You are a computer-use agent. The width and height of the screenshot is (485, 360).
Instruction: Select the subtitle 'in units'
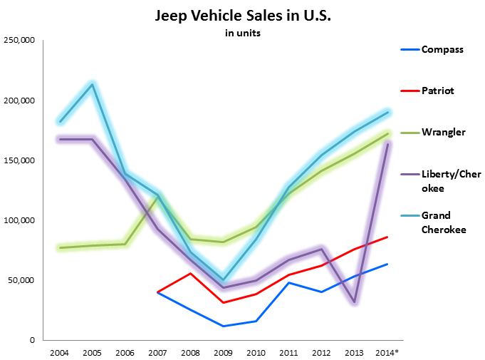click(x=242, y=34)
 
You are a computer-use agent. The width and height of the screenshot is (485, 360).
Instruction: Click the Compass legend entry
click(x=442, y=49)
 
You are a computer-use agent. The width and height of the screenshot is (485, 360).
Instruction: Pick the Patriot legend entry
click(x=437, y=91)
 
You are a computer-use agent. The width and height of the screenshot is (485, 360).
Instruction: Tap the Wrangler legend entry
click(x=443, y=132)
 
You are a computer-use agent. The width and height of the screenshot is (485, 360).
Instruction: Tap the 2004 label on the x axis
click(x=59, y=351)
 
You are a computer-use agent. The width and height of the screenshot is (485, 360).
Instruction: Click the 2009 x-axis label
click(x=224, y=351)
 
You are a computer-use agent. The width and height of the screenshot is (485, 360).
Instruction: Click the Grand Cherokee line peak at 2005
click(x=92, y=84)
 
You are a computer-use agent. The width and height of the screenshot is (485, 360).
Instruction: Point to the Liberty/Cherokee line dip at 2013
click(x=354, y=302)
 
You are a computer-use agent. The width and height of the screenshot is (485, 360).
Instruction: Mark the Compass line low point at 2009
click(x=224, y=326)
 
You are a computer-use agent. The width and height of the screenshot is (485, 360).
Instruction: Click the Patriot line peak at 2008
click(x=190, y=273)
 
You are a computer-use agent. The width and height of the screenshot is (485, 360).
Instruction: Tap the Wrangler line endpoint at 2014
click(x=387, y=133)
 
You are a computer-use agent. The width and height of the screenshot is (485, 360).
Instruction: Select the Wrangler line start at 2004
click(x=60, y=247)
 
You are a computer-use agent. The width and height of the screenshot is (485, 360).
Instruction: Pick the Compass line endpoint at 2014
click(x=387, y=264)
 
